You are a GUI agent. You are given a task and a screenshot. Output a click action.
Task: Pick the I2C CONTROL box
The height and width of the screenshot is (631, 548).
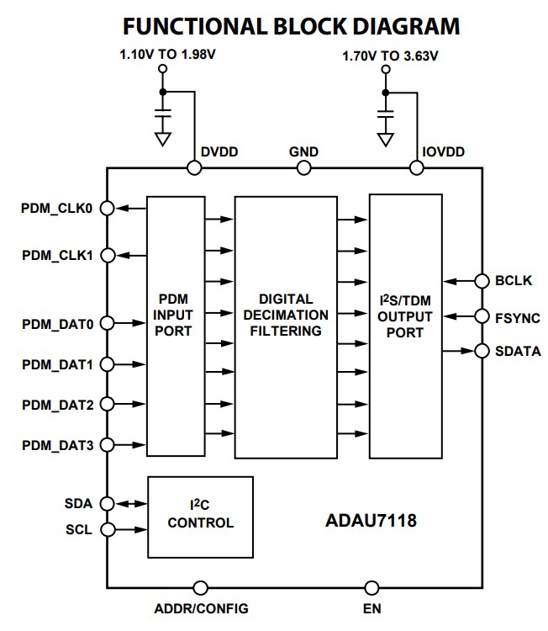point(200,515)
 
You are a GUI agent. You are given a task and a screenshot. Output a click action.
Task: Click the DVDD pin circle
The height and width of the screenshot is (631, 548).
point(194,168)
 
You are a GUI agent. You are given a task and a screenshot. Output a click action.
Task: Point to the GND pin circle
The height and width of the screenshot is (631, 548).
point(303,168)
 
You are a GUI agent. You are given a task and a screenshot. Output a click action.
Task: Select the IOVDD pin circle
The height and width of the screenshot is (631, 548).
point(415,168)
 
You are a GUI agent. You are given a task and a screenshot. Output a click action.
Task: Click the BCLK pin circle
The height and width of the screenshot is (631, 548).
point(482,281)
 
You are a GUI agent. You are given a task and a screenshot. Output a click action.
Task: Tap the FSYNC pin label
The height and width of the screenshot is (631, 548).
point(518,317)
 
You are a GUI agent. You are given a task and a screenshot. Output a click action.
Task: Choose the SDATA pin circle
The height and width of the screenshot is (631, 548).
point(482,351)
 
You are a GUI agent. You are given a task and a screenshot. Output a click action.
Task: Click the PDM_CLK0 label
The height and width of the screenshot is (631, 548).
point(56,208)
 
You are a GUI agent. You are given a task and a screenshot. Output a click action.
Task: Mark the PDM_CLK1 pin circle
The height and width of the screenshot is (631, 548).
point(107,255)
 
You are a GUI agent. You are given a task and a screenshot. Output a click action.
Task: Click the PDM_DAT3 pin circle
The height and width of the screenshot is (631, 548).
point(107,446)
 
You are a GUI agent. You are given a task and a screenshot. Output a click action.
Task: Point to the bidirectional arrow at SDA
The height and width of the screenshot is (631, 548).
point(129,504)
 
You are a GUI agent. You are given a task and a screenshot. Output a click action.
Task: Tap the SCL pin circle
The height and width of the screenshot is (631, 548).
point(107,530)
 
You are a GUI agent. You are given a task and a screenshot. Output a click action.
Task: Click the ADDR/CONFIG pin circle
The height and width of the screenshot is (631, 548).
point(200,588)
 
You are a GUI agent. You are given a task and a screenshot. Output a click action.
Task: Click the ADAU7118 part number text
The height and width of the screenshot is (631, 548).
point(371,521)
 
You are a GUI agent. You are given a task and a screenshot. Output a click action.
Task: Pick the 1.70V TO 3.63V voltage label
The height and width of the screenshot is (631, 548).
point(390,57)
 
